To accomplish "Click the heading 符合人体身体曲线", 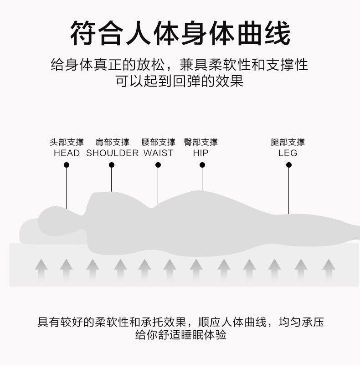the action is point(180,33).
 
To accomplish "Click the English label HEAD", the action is point(67,153).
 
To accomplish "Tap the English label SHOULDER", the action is point(112,153).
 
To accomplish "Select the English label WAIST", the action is point(158,153).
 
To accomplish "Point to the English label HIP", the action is point(201,153).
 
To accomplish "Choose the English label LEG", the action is point(288,153).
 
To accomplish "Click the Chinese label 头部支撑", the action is point(67,142).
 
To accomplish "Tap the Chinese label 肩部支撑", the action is point(112,142).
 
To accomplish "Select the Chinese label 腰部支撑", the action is point(158,142).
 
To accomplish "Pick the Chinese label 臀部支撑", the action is point(201,142).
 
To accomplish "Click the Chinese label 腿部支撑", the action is point(288,142).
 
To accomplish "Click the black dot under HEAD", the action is point(67,165).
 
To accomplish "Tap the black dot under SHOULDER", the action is point(112,165).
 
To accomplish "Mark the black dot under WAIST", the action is point(158,165).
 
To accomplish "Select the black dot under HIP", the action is point(202,165).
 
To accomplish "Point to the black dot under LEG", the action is point(288,165).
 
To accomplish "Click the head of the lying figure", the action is point(57,219).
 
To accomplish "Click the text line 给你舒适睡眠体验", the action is point(180,336).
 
